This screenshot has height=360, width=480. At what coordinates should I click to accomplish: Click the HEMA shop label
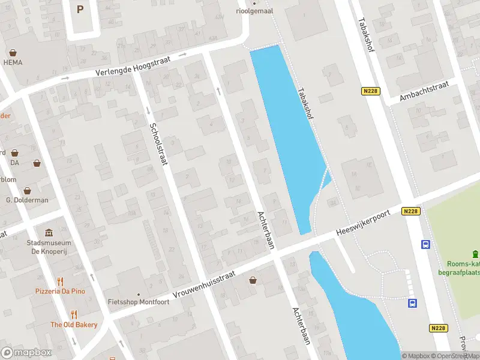(13, 62)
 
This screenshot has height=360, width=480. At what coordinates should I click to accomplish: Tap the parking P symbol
(80, 9)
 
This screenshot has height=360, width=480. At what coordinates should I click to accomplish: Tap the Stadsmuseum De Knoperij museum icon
(49, 233)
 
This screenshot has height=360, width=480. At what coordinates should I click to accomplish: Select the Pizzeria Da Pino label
(59, 291)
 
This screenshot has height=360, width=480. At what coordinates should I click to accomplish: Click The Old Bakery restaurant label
(74, 325)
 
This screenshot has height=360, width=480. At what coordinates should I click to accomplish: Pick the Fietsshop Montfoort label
(138, 302)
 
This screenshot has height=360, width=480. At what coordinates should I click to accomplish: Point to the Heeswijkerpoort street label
(363, 221)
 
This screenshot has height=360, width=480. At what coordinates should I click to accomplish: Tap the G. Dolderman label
(27, 200)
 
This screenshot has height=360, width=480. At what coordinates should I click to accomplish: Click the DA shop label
(15, 163)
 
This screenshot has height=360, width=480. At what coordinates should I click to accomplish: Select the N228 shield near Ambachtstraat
(370, 91)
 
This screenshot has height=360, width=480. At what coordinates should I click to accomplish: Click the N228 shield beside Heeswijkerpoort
(411, 211)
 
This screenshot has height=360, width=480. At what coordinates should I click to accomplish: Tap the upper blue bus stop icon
(425, 244)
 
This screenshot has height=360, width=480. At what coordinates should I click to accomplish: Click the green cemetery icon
(475, 253)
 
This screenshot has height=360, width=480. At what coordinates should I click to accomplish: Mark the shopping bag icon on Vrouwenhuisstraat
(253, 280)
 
